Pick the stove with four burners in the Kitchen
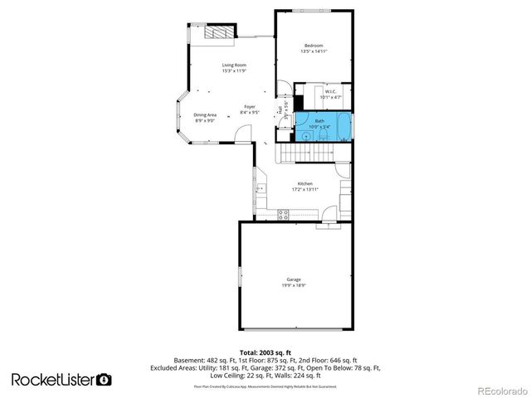(x=283, y=214)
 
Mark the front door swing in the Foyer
(x=241, y=132)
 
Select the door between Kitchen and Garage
(x=329, y=221)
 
